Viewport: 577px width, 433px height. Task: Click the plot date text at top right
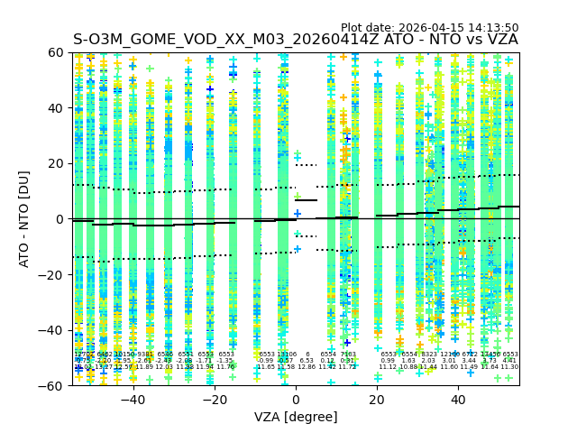pos(429,28)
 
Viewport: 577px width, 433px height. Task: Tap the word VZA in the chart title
pos(499,41)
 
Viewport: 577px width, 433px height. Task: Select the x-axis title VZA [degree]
pos(297,417)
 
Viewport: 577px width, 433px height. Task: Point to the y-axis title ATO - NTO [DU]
pos(24,219)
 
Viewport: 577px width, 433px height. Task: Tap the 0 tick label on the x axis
pos(296,399)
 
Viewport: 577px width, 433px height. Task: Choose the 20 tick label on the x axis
pos(377,399)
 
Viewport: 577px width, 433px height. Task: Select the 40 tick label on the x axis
pos(458,399)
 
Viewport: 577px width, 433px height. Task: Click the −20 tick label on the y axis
pos(54,274)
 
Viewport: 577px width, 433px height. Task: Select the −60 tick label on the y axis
pos(54,385)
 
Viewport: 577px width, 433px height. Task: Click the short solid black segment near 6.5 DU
pos(307,200)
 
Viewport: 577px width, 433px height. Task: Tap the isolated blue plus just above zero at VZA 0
pos(298,214)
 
